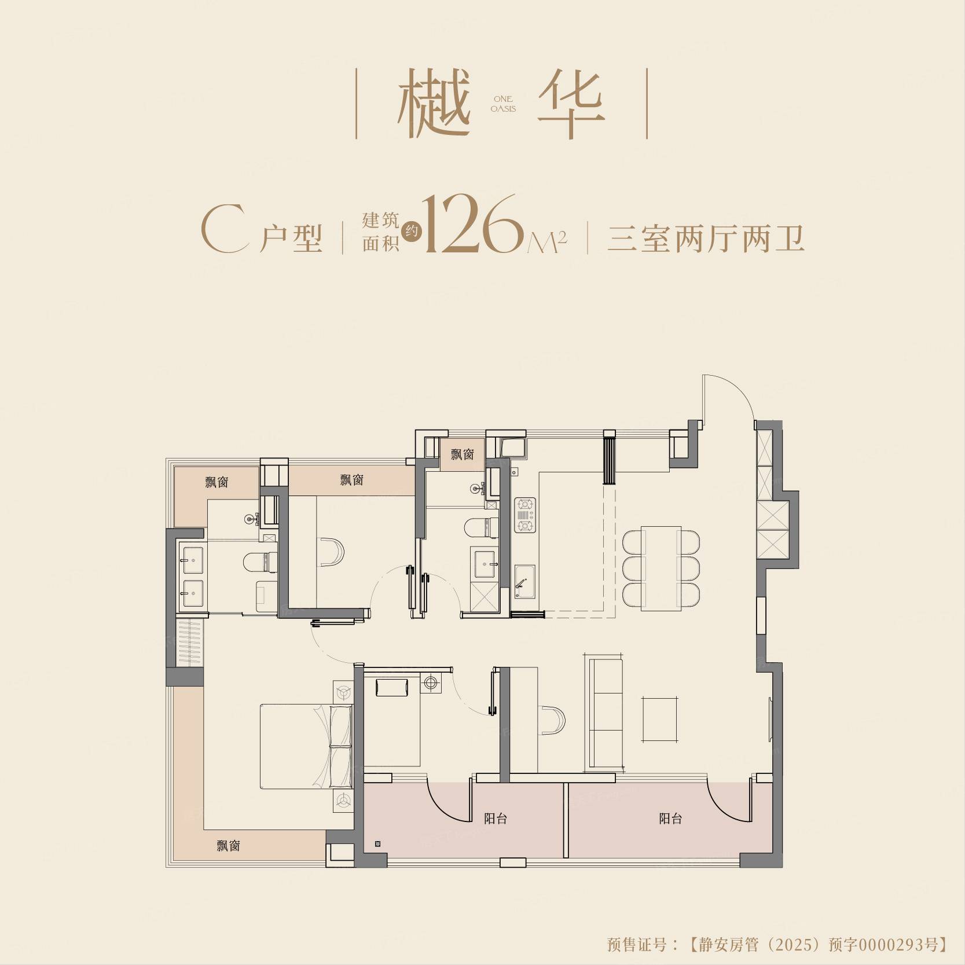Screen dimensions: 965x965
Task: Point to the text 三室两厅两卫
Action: (x=706, y=238)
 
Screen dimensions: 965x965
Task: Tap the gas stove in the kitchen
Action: (x=525, y=515)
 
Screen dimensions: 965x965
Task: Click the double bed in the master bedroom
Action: (x=306, y=746)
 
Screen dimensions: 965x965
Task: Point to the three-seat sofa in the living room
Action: (x=606, y=713)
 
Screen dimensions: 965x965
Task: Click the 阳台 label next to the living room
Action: (x=670, y=819)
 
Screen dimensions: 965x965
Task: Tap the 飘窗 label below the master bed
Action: (x=228, y=846)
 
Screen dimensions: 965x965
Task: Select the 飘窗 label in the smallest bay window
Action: (x=463, y=454)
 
